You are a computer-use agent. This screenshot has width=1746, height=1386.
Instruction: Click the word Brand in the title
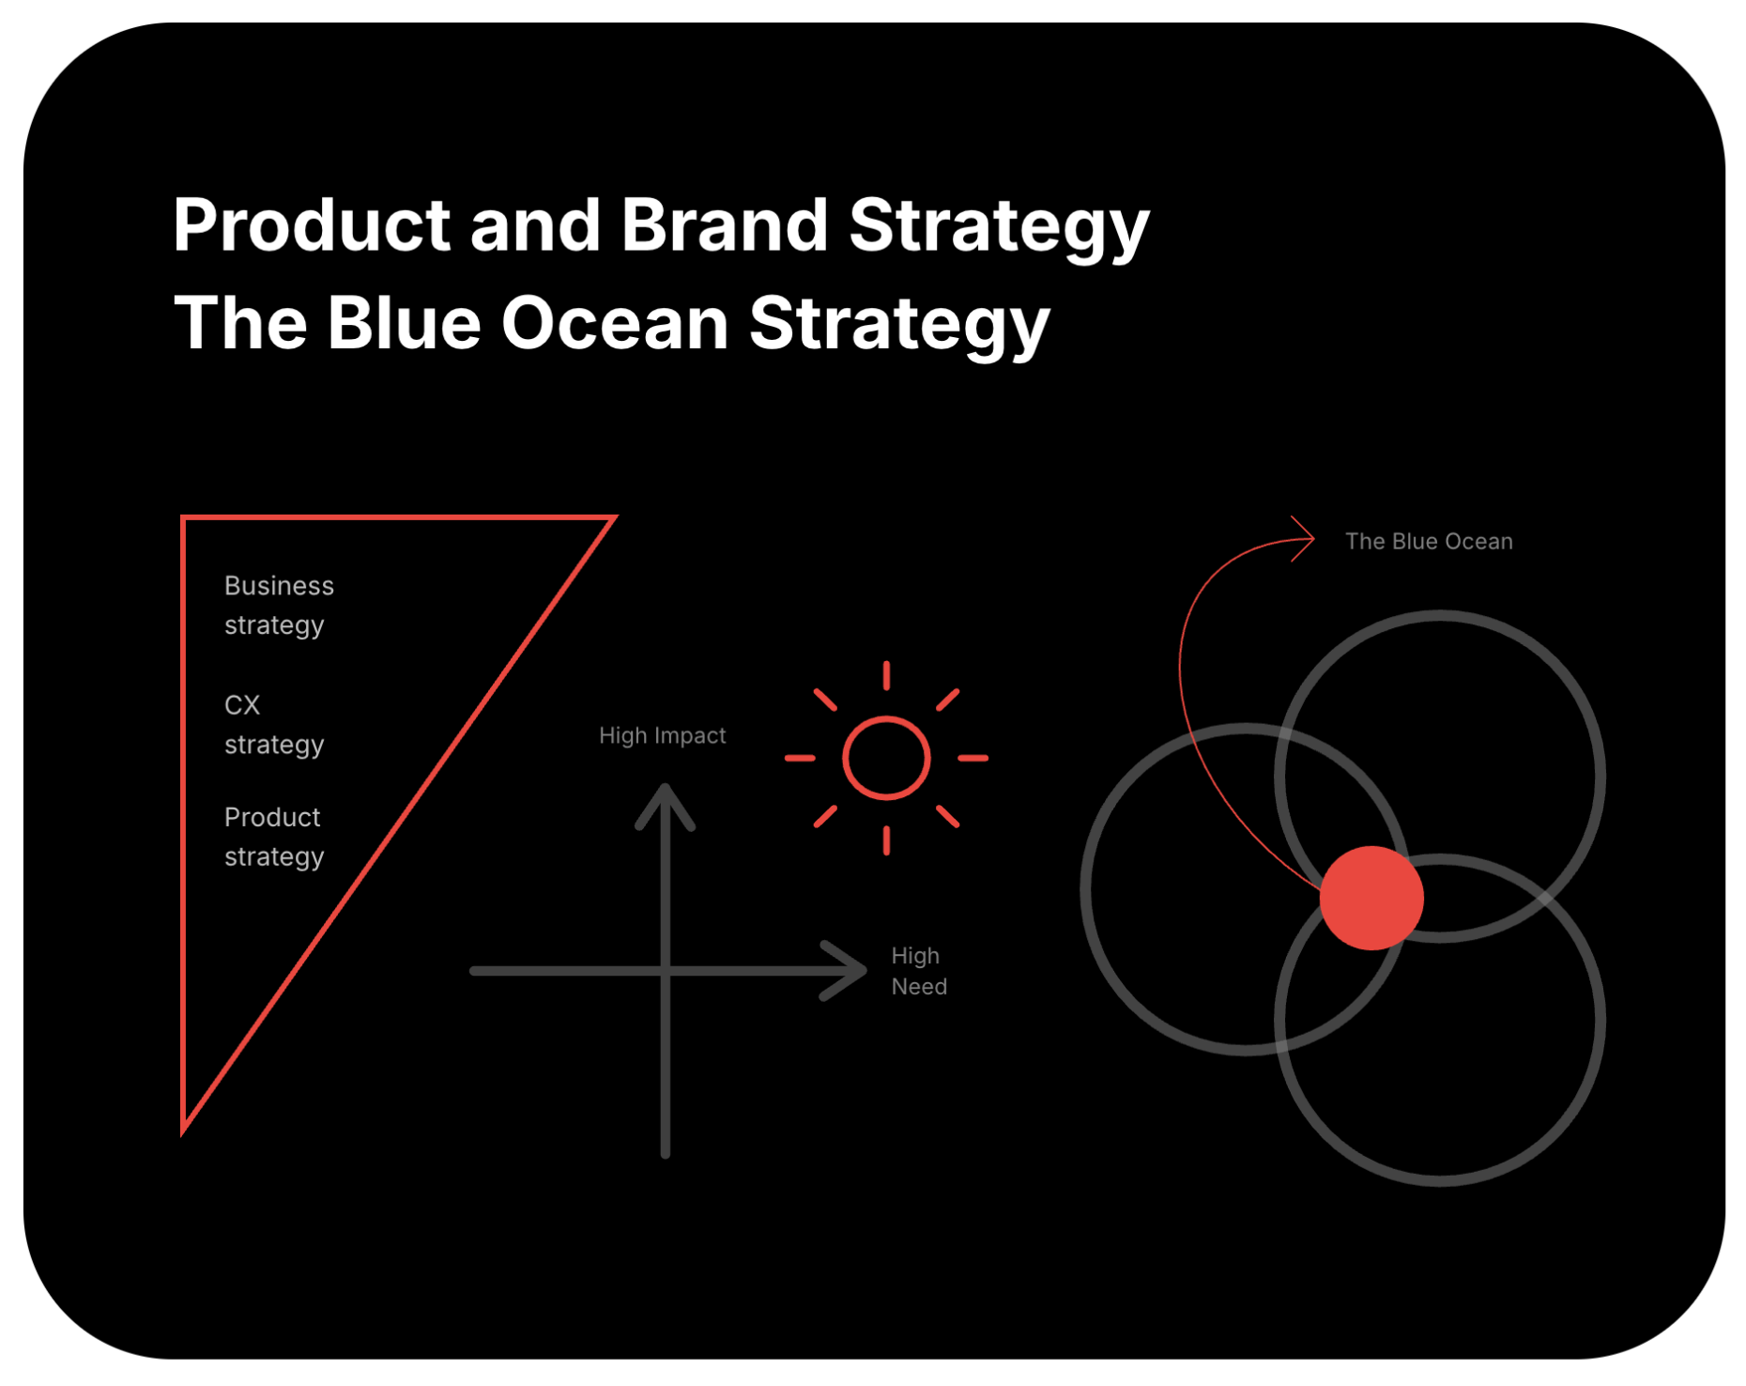click(x=724, y=226)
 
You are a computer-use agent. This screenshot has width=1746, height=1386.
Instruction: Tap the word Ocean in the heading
click(x=615, y=323)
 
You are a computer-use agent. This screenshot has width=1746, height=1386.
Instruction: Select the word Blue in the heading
click(x=404, y=323)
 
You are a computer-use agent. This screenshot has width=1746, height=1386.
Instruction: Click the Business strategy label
click(x=278, y=606)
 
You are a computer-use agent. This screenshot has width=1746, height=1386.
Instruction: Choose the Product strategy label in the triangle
click(x=273, y=837)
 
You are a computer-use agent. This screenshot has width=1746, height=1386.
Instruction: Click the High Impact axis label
click(x=662, y=735)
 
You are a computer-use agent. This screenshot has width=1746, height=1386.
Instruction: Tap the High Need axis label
click(x=918, y=971)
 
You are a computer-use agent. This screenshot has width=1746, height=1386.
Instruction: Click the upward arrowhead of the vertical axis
click(x=665, y=799)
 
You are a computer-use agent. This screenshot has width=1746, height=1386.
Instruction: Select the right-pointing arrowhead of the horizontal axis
click(x=852, y=970)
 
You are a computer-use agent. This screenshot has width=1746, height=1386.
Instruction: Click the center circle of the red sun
click(x=886, y=758)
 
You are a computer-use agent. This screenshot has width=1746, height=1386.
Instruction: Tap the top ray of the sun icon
click(x=886, y=675)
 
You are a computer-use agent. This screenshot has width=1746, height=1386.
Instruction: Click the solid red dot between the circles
click(x=1371, y=898)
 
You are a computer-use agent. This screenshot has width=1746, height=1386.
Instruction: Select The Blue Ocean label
click(x=1428, y=542)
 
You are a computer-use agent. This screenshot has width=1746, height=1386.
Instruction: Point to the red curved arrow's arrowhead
click(x=1307, y=538)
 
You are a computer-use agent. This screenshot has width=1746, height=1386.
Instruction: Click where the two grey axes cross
click(x=665, y=970)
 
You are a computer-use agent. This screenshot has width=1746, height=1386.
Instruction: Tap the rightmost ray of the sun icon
click(x=973, y=758)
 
